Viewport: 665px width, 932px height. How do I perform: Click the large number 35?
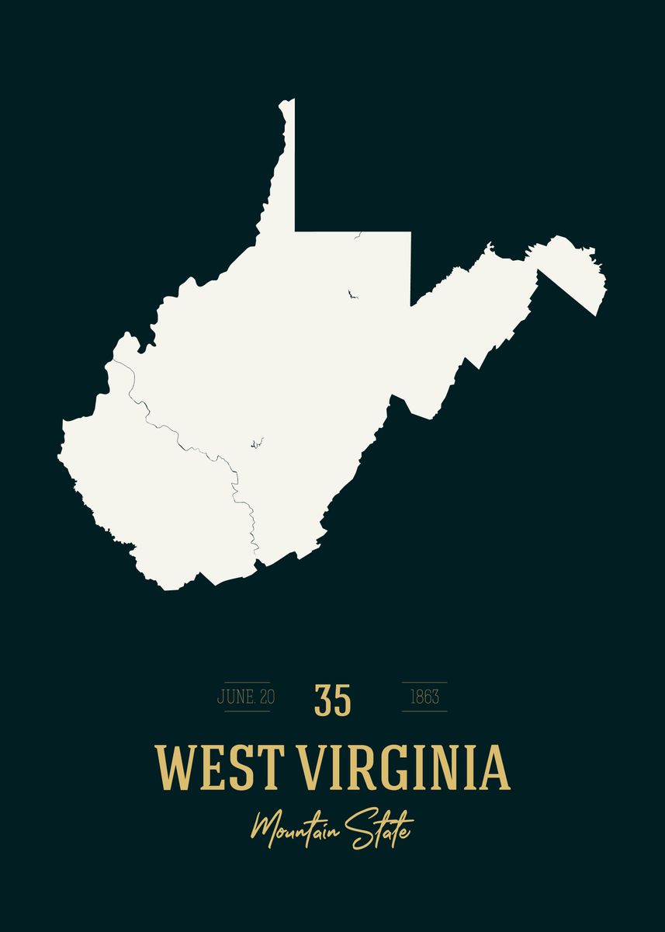[333, 700]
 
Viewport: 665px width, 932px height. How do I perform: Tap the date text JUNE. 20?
[246, 697]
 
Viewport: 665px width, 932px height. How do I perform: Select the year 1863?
[424, 697]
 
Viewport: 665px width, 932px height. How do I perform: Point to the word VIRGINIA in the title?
[404, 767]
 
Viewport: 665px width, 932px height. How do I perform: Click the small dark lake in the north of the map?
[352, 294]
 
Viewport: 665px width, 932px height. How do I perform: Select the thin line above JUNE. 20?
[246, 682]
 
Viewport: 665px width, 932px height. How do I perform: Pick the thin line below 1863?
[424, 711]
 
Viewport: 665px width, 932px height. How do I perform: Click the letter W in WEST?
[174, 767]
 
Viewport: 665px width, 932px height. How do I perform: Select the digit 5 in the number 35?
[342, 700]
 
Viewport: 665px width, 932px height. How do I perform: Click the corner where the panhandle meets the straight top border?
[295, 231]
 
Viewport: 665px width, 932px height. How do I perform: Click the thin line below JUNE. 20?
[246, 711]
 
